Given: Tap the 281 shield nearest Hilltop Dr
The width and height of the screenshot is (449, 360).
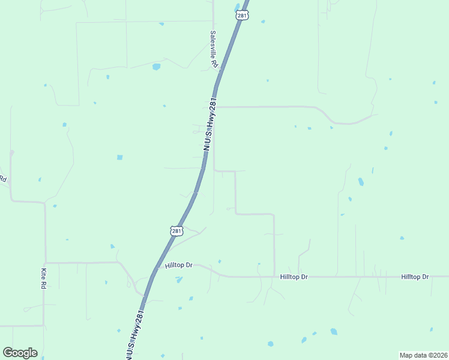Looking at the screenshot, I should pyautogui.click(x=175, y=230).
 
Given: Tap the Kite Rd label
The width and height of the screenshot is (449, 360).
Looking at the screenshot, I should pyautogui.click(x=43, y=278).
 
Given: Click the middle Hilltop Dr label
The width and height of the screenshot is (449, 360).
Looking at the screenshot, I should pyautogui.click(x=294, y=277).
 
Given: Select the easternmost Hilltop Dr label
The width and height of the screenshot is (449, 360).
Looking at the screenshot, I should pyautogui.click(x=415, y=277).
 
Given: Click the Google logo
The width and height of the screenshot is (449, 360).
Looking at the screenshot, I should pyautogui.click(x=20, y=352).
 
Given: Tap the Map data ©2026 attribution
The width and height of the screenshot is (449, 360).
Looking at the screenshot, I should pyautogui.click(x=423, y=355).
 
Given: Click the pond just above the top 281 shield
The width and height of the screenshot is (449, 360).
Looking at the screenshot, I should pyautogui.click(x=235, y=8).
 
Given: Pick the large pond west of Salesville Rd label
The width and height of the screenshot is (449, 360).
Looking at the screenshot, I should pyautogui.click(x=157, y=67).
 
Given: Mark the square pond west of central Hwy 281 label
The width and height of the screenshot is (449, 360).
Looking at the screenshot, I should pyautogui.click(x=119, y=157).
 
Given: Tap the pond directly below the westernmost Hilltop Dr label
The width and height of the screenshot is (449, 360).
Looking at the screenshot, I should pyautogui.click(x=179, y=280).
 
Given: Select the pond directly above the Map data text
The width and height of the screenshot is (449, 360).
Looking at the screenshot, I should pyautogui.click(x=430, y=329).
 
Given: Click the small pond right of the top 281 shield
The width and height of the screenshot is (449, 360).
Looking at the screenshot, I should pyautogui.click(x=263, y=22).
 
